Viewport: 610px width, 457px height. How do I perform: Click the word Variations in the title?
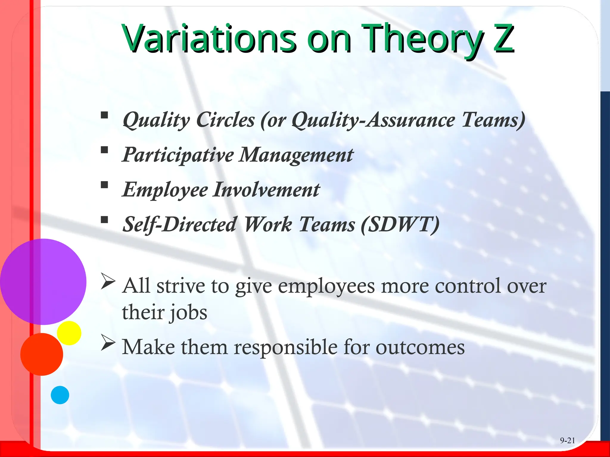coord(208,39)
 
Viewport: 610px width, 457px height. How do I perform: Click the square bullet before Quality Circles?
coord(104,115)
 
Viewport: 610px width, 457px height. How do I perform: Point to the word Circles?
coord(226,120)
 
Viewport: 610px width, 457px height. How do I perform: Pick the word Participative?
coord(178,155)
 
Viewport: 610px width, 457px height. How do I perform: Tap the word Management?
coord(296,155)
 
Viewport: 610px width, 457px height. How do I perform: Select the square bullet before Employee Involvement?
coord(104,185)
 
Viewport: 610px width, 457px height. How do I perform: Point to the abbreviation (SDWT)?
coord(400,224)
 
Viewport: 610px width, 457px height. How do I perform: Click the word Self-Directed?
coord(180,224)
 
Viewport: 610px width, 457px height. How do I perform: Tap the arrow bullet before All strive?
coord(108,281)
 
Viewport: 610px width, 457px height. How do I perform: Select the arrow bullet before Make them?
coord(108,342)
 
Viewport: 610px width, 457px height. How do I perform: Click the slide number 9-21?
coord(567,440)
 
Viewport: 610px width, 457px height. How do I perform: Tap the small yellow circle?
coord(69,333)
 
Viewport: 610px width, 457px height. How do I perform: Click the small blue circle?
coord(60,395)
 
